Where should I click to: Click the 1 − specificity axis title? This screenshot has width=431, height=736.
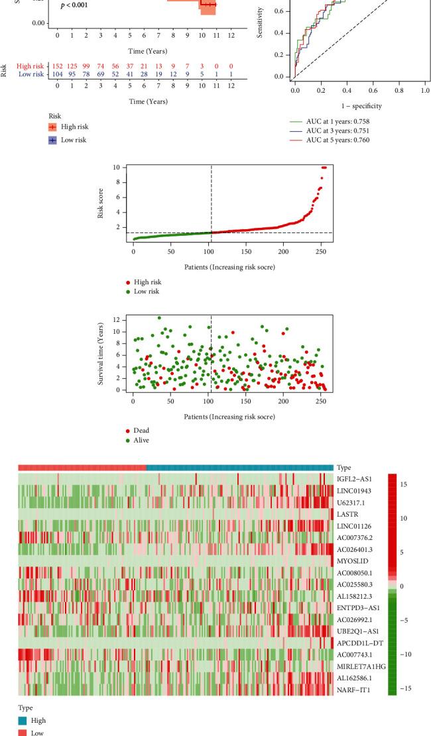(x=359, y=105)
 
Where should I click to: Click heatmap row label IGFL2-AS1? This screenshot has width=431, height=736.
(x=355, y=478)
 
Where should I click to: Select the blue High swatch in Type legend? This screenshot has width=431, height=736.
(x=23, y=720)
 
